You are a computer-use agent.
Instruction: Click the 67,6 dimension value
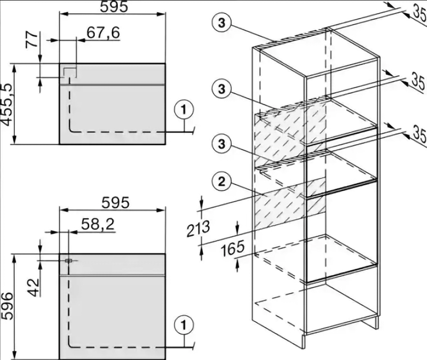[103, 33]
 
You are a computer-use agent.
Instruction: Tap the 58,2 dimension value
[98, 225]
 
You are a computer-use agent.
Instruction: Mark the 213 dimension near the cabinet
[198, 228]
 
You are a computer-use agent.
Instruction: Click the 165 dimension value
[232, 249]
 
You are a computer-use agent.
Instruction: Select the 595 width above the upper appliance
[114, 6]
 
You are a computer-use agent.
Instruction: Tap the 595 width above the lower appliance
[115, 203]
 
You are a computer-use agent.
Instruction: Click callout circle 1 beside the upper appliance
[184, 110]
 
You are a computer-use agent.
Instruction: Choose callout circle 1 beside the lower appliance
[184, 325]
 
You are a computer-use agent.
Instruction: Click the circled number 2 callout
[222, 181]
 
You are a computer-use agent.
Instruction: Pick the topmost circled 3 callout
[222, 23]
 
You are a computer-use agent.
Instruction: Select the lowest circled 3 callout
[222, 143]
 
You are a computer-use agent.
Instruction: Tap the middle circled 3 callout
[222, 89]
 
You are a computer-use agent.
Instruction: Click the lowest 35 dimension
[419, 133]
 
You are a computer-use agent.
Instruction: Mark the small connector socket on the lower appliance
[68, 261]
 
